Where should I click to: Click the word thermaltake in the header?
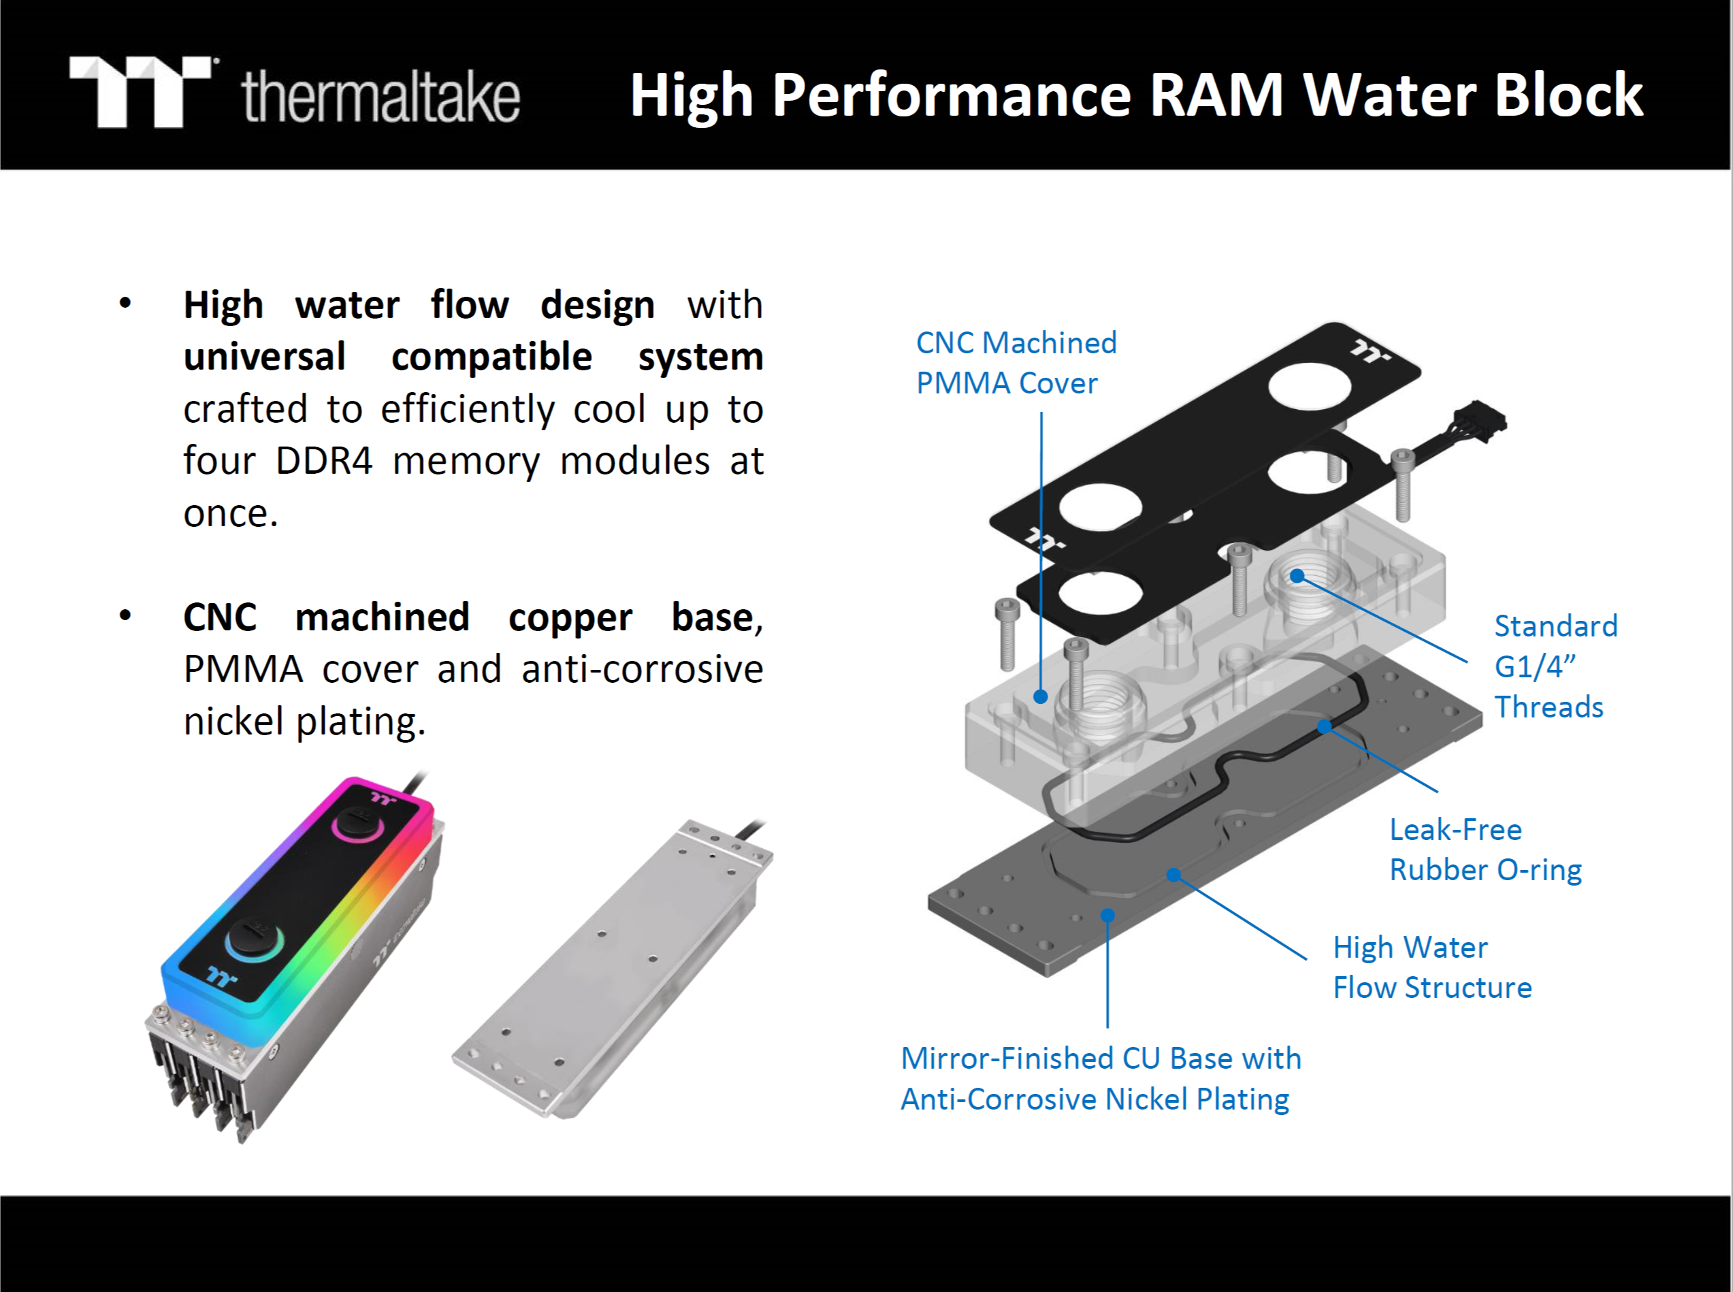click(381, 97)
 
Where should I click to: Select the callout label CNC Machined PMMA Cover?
click(1015, 363)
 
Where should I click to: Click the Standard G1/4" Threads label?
click(1555, 666)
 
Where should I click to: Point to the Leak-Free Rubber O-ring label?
click(1485, 850)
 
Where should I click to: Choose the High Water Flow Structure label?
click(1431, 967)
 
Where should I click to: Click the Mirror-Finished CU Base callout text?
click(1101, 1078)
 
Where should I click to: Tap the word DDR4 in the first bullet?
click(324, 461)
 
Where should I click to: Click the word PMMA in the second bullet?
click(242, 669)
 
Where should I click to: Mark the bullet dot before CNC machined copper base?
click(125, 616)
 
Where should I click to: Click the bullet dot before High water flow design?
click(125, 304)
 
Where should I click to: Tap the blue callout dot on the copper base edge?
click(1107, 915)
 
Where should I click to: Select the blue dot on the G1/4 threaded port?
click(1297, 577)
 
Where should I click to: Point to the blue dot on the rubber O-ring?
click(1324, 726)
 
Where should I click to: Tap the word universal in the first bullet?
click(264, 357)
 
